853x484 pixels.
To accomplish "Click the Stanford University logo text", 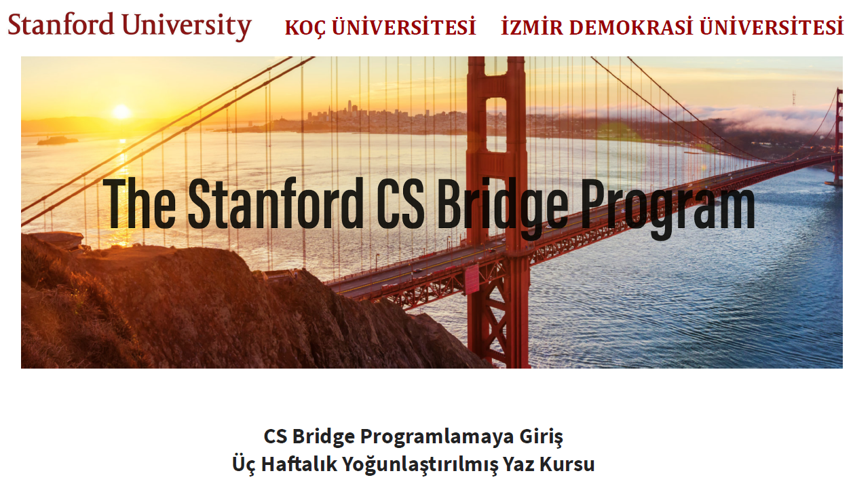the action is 130,26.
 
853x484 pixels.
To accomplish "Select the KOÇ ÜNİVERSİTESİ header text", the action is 381,27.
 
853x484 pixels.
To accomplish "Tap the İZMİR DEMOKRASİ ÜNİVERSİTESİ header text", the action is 672,26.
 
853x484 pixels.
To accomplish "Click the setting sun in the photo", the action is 121,111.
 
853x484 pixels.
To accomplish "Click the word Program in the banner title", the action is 668,208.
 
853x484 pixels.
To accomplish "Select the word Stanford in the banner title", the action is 276,203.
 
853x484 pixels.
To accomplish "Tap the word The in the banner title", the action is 139,203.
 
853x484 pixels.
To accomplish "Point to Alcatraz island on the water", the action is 58,141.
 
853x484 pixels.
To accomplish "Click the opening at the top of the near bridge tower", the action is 496,124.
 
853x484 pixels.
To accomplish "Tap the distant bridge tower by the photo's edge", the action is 838,136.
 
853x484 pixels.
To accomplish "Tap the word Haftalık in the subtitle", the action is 299,464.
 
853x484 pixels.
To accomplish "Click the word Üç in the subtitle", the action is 244,464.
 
